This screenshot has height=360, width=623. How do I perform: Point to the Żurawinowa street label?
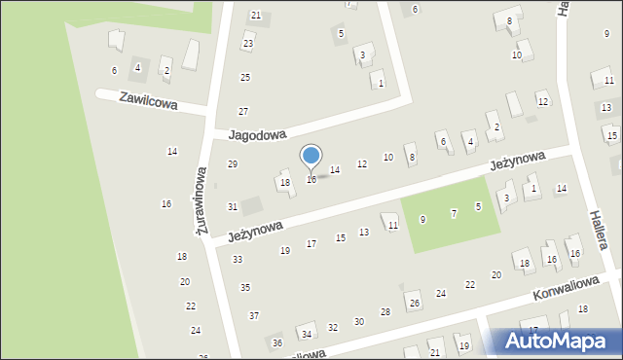tap(201, 200)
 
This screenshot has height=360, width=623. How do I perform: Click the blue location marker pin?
tap(311, 159)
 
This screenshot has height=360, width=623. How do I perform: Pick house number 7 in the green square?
tap(454, 213)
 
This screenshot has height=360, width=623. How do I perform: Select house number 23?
tap(248, 44)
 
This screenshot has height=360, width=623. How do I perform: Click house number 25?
tap(245, 77)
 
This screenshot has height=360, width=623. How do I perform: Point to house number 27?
tap(243, 111)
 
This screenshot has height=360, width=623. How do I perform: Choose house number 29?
tap(233, 163)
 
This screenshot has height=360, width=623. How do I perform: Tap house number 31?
tap(233, 206)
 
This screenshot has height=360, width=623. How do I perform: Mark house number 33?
tap(238, 260)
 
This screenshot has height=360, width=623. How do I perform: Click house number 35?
tap(245, 287)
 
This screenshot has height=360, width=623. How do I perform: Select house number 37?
tap(254, 315)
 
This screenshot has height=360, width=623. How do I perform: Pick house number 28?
tap(385, 311)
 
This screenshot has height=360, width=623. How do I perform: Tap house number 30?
tap(358, 321)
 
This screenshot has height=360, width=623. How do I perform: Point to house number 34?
tap(307, 334)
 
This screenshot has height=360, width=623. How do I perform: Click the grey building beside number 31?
tap(252, 205)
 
